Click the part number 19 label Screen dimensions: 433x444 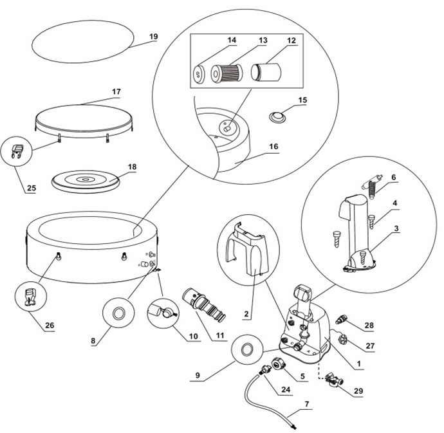click(153, 37)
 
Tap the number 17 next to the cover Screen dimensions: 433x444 click(116, 92)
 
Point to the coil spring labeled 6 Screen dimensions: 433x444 click(371, 187)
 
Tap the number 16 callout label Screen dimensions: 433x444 click(273, 147)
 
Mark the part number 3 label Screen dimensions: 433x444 click(395, 228)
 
